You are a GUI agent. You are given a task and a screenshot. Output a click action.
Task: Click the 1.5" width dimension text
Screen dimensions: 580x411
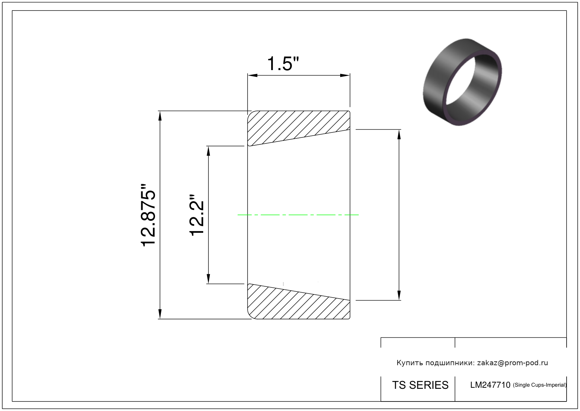(283, 64)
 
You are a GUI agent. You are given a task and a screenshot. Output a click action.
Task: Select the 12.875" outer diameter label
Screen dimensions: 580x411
(148, 215)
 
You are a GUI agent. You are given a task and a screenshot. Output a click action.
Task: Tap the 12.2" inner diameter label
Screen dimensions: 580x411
(197, 215)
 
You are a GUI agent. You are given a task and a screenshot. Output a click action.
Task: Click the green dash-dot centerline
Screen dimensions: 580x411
(298, 215)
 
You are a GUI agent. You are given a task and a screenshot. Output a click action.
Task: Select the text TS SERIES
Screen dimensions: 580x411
(420, 385)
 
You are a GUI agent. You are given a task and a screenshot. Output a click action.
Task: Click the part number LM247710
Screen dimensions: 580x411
(490, 385)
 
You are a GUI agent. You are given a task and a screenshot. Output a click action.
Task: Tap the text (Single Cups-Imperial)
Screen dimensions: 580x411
(540, 385)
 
